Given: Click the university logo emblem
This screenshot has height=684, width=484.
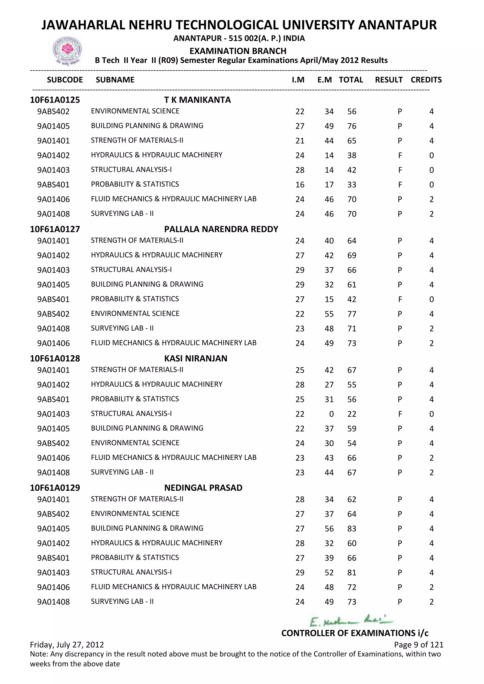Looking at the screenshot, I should (x=67, y=50).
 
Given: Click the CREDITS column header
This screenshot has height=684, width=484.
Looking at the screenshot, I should (x=426, y=80).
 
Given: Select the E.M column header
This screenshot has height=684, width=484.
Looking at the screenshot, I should (x=324, y=80).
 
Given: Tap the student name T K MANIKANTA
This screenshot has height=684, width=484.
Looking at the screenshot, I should (x=197, y=100).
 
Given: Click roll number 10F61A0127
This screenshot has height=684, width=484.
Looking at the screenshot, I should (x=55, y=229).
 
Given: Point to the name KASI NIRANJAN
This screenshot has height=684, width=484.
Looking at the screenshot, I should (x=195, y=358).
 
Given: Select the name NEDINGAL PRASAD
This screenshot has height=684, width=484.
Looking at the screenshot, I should (x=203, y=488).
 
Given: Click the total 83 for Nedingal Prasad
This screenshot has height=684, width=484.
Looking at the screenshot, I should (x=352, y=529).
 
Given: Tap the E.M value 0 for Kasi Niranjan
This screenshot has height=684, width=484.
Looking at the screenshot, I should (x=331, y=414).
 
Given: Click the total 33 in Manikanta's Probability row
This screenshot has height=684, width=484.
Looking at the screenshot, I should (x=352, y=185).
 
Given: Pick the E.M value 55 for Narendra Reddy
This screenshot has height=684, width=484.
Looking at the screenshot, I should (x=329, y=314).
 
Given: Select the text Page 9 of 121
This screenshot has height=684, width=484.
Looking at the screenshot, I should (x=419, y=645).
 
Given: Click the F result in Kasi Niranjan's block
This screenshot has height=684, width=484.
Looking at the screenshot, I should (x=400, y=414).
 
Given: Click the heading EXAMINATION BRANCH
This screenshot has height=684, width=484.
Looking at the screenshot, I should (x=238, y=51).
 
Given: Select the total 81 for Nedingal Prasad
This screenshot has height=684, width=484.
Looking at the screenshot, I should (x=352, y=573).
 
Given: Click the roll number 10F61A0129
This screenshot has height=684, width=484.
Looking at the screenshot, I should (x=55, y=488).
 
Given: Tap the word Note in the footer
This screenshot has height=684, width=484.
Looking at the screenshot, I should (x=38, y=654).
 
